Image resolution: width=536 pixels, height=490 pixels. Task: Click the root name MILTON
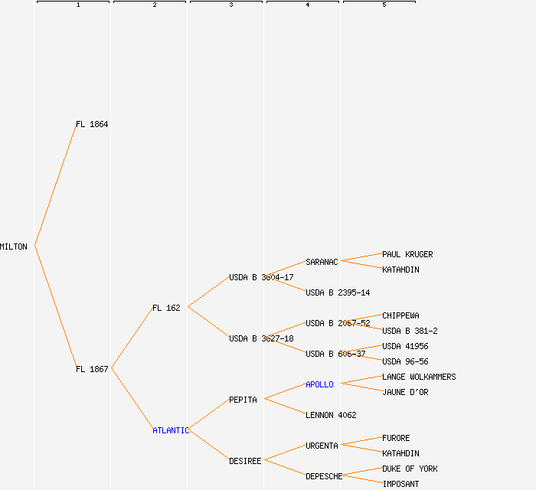[x=14, y=247]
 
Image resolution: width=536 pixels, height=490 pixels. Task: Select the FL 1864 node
[x=92, y=124]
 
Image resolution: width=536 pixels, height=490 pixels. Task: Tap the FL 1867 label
[x=92, y=369]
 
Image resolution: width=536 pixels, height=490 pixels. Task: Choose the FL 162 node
[x=166, y=308]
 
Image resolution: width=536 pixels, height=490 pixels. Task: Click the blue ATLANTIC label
[x=170, y=430]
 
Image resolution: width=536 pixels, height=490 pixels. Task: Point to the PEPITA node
[x=243, y=400]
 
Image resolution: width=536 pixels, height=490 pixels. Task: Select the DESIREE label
[x=245, y=461]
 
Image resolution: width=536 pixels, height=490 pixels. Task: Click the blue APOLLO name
[x=319, y=384]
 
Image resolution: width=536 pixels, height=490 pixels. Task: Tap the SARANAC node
[x=322, y=262]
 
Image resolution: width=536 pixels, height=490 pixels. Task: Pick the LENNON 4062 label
[x=331, y=415]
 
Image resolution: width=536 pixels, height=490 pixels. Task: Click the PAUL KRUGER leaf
[x=407, y=254]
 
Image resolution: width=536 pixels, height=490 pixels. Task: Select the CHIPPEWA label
[x=400, y=315]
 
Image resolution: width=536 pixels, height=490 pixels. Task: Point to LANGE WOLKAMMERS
[x=419, y=377]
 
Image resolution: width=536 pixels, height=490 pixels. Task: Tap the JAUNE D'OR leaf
[x=405, y=392]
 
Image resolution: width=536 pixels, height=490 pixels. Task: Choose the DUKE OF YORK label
[x=410, y=469]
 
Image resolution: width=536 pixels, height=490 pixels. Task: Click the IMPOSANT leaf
[x=400, y=484]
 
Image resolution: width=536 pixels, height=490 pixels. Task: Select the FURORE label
[x=396, y=438]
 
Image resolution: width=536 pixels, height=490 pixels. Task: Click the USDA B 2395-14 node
[x=338, y=292]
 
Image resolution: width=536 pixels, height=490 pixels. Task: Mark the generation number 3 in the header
[x=230, y=5]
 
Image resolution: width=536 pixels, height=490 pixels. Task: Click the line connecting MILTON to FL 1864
[x=55, y=185]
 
